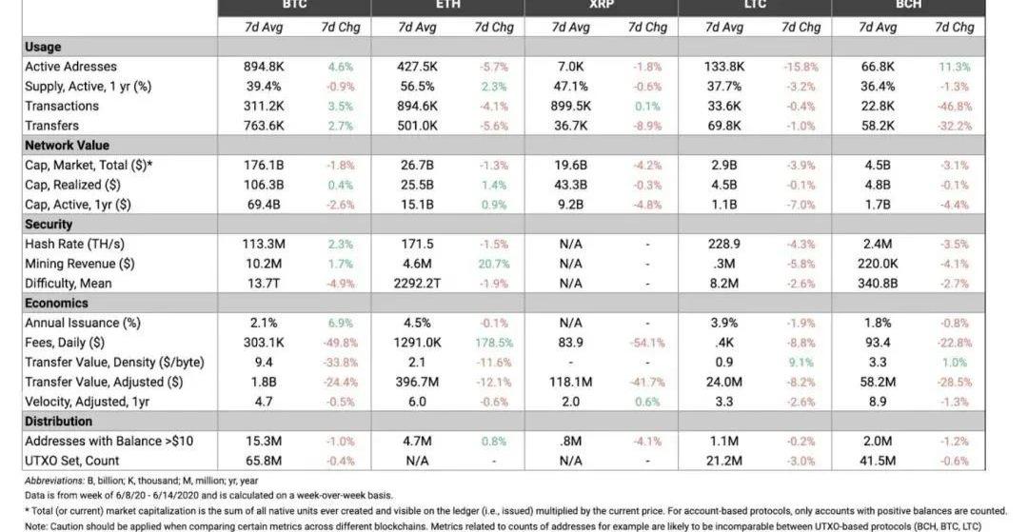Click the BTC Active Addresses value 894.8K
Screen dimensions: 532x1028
tap(264, 67)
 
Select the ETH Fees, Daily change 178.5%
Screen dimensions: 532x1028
tap(494, 343)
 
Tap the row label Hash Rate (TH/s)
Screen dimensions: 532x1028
tap(74, 244)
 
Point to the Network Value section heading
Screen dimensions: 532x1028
tap(65, 146)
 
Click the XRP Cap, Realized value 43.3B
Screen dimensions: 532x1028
tap(570, 185)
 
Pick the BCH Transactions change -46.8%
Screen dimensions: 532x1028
tap(954, 106)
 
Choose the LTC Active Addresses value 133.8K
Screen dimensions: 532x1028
tap(723, 67)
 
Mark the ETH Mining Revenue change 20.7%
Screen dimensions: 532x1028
tap(494, 264)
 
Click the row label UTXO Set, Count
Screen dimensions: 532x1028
tap(71, 461)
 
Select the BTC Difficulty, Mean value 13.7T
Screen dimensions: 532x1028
tap(264, 284)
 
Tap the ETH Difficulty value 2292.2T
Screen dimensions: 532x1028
tap(417, 284)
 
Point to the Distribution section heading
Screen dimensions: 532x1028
tap(58, 422)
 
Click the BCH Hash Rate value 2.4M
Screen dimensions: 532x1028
tap(877, 244)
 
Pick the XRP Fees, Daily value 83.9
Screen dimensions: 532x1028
tap(570, 343)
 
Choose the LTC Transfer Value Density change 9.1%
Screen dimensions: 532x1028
tap(801, 363)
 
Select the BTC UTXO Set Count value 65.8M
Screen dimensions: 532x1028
tap(264, 461)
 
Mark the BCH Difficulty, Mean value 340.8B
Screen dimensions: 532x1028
tap(877, 284)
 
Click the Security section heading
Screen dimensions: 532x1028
tap(49, 225)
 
